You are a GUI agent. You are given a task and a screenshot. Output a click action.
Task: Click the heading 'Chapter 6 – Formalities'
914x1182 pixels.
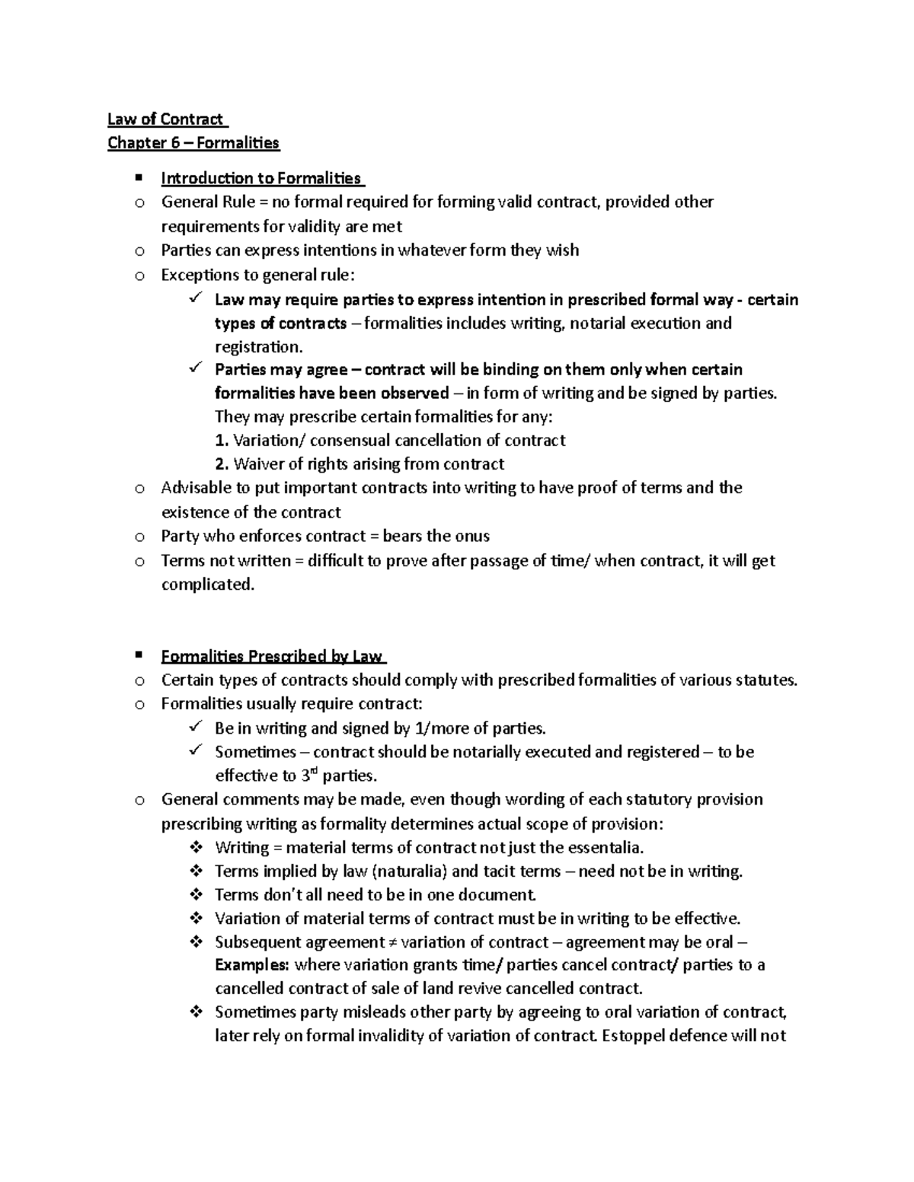point(193,142)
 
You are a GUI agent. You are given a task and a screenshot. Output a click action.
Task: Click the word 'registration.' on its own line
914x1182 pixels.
point(258,347)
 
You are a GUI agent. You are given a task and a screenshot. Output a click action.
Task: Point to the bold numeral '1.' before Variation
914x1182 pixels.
point(222,441)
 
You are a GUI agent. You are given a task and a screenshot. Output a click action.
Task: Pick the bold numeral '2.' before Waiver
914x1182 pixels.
point(222,464)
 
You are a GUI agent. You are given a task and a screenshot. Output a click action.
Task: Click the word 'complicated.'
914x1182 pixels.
point(207,585)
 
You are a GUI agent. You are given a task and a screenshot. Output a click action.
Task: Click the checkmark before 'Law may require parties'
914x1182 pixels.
point(193,299)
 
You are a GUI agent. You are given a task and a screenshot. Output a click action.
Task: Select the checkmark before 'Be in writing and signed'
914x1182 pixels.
point(193,728)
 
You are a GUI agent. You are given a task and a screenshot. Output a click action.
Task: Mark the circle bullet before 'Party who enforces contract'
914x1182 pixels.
point(139,537)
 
